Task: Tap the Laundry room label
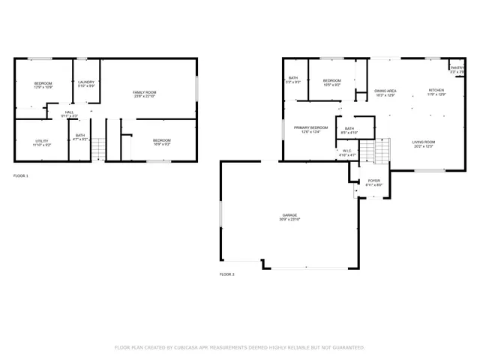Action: coord(86,82)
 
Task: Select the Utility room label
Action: coord(42,142)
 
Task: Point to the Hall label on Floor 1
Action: coord(69,114)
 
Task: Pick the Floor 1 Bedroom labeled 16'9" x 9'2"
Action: coord(162,142)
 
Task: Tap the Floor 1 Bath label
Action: coord(79,137)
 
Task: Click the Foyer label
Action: coord(373,182)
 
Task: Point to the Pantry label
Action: coord(457,70)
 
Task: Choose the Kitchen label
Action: coord(436,92)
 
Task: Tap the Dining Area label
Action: coord(385,93)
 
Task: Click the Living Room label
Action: coord(424,143)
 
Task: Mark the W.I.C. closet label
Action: coord(346,152)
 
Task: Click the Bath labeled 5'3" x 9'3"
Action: coord(293,79)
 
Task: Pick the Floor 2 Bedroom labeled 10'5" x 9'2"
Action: coord(331,82)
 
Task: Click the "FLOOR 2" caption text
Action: coord(227,275)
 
